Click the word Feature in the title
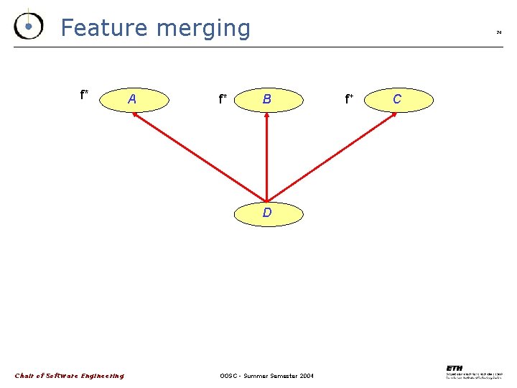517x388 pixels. pos(104,27)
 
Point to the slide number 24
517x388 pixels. pos(498,32)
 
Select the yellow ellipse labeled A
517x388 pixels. pos(132,99)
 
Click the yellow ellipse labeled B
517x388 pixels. pos(266,99)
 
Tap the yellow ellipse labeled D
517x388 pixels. pos(266,213)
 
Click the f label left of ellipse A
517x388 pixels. pos(84,94)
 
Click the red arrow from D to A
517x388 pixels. pos(199,156)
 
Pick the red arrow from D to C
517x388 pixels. pos(331,156)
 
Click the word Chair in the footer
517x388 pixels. pos(24,376)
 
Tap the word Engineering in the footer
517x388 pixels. pos(102,376)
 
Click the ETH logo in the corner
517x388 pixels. pos(454,368)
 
